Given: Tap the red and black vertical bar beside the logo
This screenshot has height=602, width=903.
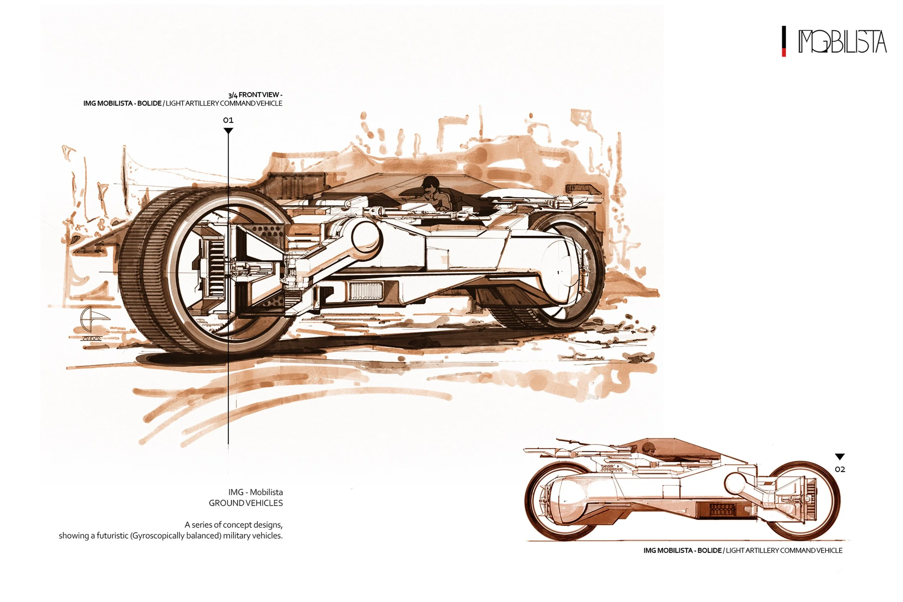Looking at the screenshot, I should click(784, 41).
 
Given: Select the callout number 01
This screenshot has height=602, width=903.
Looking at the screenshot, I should click(228, 120).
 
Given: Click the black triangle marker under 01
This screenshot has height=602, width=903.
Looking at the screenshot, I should click(228, 131).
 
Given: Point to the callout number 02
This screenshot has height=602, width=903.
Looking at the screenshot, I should click(840, 469).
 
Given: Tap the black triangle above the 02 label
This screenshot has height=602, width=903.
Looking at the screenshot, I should click(840, 457).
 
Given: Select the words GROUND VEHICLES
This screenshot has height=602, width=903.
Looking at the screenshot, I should click(246, 503).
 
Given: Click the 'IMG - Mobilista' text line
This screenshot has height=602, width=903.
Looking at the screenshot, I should click(255, 492).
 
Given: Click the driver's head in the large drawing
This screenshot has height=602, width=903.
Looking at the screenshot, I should click(431, 183).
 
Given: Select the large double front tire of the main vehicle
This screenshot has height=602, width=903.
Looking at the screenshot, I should click(161, 269).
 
